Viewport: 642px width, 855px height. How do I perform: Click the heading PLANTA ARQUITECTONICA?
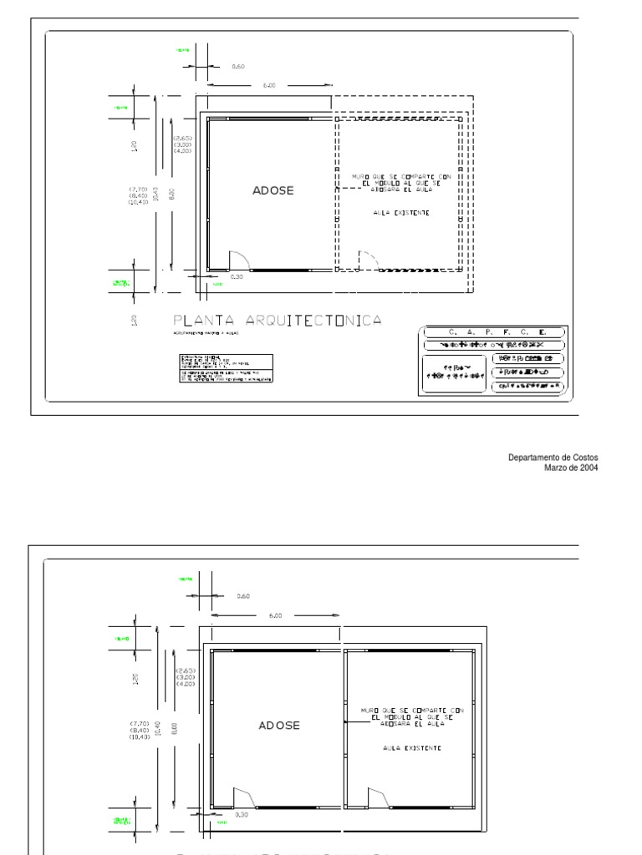pyautogui.click(x=278, y=321)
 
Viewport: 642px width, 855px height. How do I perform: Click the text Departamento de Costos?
pyautogui.click(x=554, y=458)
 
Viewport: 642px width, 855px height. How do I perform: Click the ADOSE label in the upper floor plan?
pyautogui.click(x=273, y=190)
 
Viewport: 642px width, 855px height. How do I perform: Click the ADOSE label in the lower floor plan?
pyautogui.click(x=279, y=726)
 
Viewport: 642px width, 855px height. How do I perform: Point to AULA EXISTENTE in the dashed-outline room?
pyautogui.click(x=401, y=213)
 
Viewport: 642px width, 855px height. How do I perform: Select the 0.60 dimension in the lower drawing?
pyautogui.click(x=243, y=596)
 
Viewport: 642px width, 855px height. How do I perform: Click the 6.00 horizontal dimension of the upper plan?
pyautogui.click(x=269, y=85)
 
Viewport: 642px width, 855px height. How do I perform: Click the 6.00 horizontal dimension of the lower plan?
pyautogui.click(x=276, y=616)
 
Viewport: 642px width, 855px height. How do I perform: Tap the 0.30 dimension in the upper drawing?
pyautogui.click(x=237, y=276)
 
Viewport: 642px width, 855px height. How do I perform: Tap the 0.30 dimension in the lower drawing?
pyautogui.click(x=242, y=814)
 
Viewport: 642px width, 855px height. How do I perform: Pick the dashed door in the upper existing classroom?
pyautogui.click(x=367, y=260)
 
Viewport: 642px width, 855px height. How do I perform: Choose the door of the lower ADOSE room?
pyautogui.click(x=243, y=797)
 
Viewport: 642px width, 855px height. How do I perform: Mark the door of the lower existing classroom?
pyautogui.click(x=377, y=797)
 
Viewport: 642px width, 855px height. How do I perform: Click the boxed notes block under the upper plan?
pyautogui.click(x=225, y=367)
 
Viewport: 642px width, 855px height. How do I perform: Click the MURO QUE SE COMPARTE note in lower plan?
pyautogui.click(x=407, y=716)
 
